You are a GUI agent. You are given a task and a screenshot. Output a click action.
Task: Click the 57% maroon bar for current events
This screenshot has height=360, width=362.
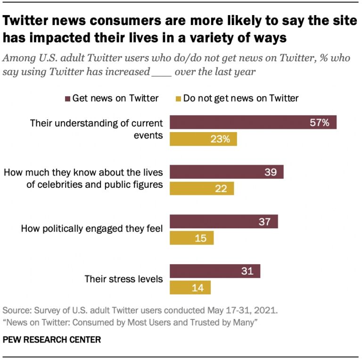tap(253, 122)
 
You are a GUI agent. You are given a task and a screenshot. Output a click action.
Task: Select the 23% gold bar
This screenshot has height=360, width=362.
tap(203, 139)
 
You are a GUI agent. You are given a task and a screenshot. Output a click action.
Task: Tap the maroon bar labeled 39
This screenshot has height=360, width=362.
tap(226, 172)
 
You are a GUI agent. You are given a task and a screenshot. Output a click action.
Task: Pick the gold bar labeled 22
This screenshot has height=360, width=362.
tap(202, 189)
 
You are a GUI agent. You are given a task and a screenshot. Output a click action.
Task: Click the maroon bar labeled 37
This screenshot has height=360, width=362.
tap(223, 221)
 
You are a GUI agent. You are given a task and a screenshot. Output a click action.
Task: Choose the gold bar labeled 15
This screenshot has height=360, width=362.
tap(191, 238)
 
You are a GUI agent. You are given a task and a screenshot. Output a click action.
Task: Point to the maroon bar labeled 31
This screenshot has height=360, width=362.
tap(214, 271)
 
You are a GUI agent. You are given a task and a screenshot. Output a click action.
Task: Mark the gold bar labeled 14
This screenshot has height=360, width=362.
tap(190, 287)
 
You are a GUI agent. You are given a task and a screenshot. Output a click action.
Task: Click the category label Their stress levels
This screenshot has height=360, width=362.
tap(123, 279)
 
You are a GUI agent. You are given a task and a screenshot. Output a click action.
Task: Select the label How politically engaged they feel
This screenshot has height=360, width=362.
tap(92, 229)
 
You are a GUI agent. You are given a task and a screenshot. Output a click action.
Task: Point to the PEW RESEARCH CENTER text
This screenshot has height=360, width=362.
tap(52, 340)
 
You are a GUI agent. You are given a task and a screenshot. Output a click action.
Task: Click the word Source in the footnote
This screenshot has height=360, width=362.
tap(16, 311)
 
